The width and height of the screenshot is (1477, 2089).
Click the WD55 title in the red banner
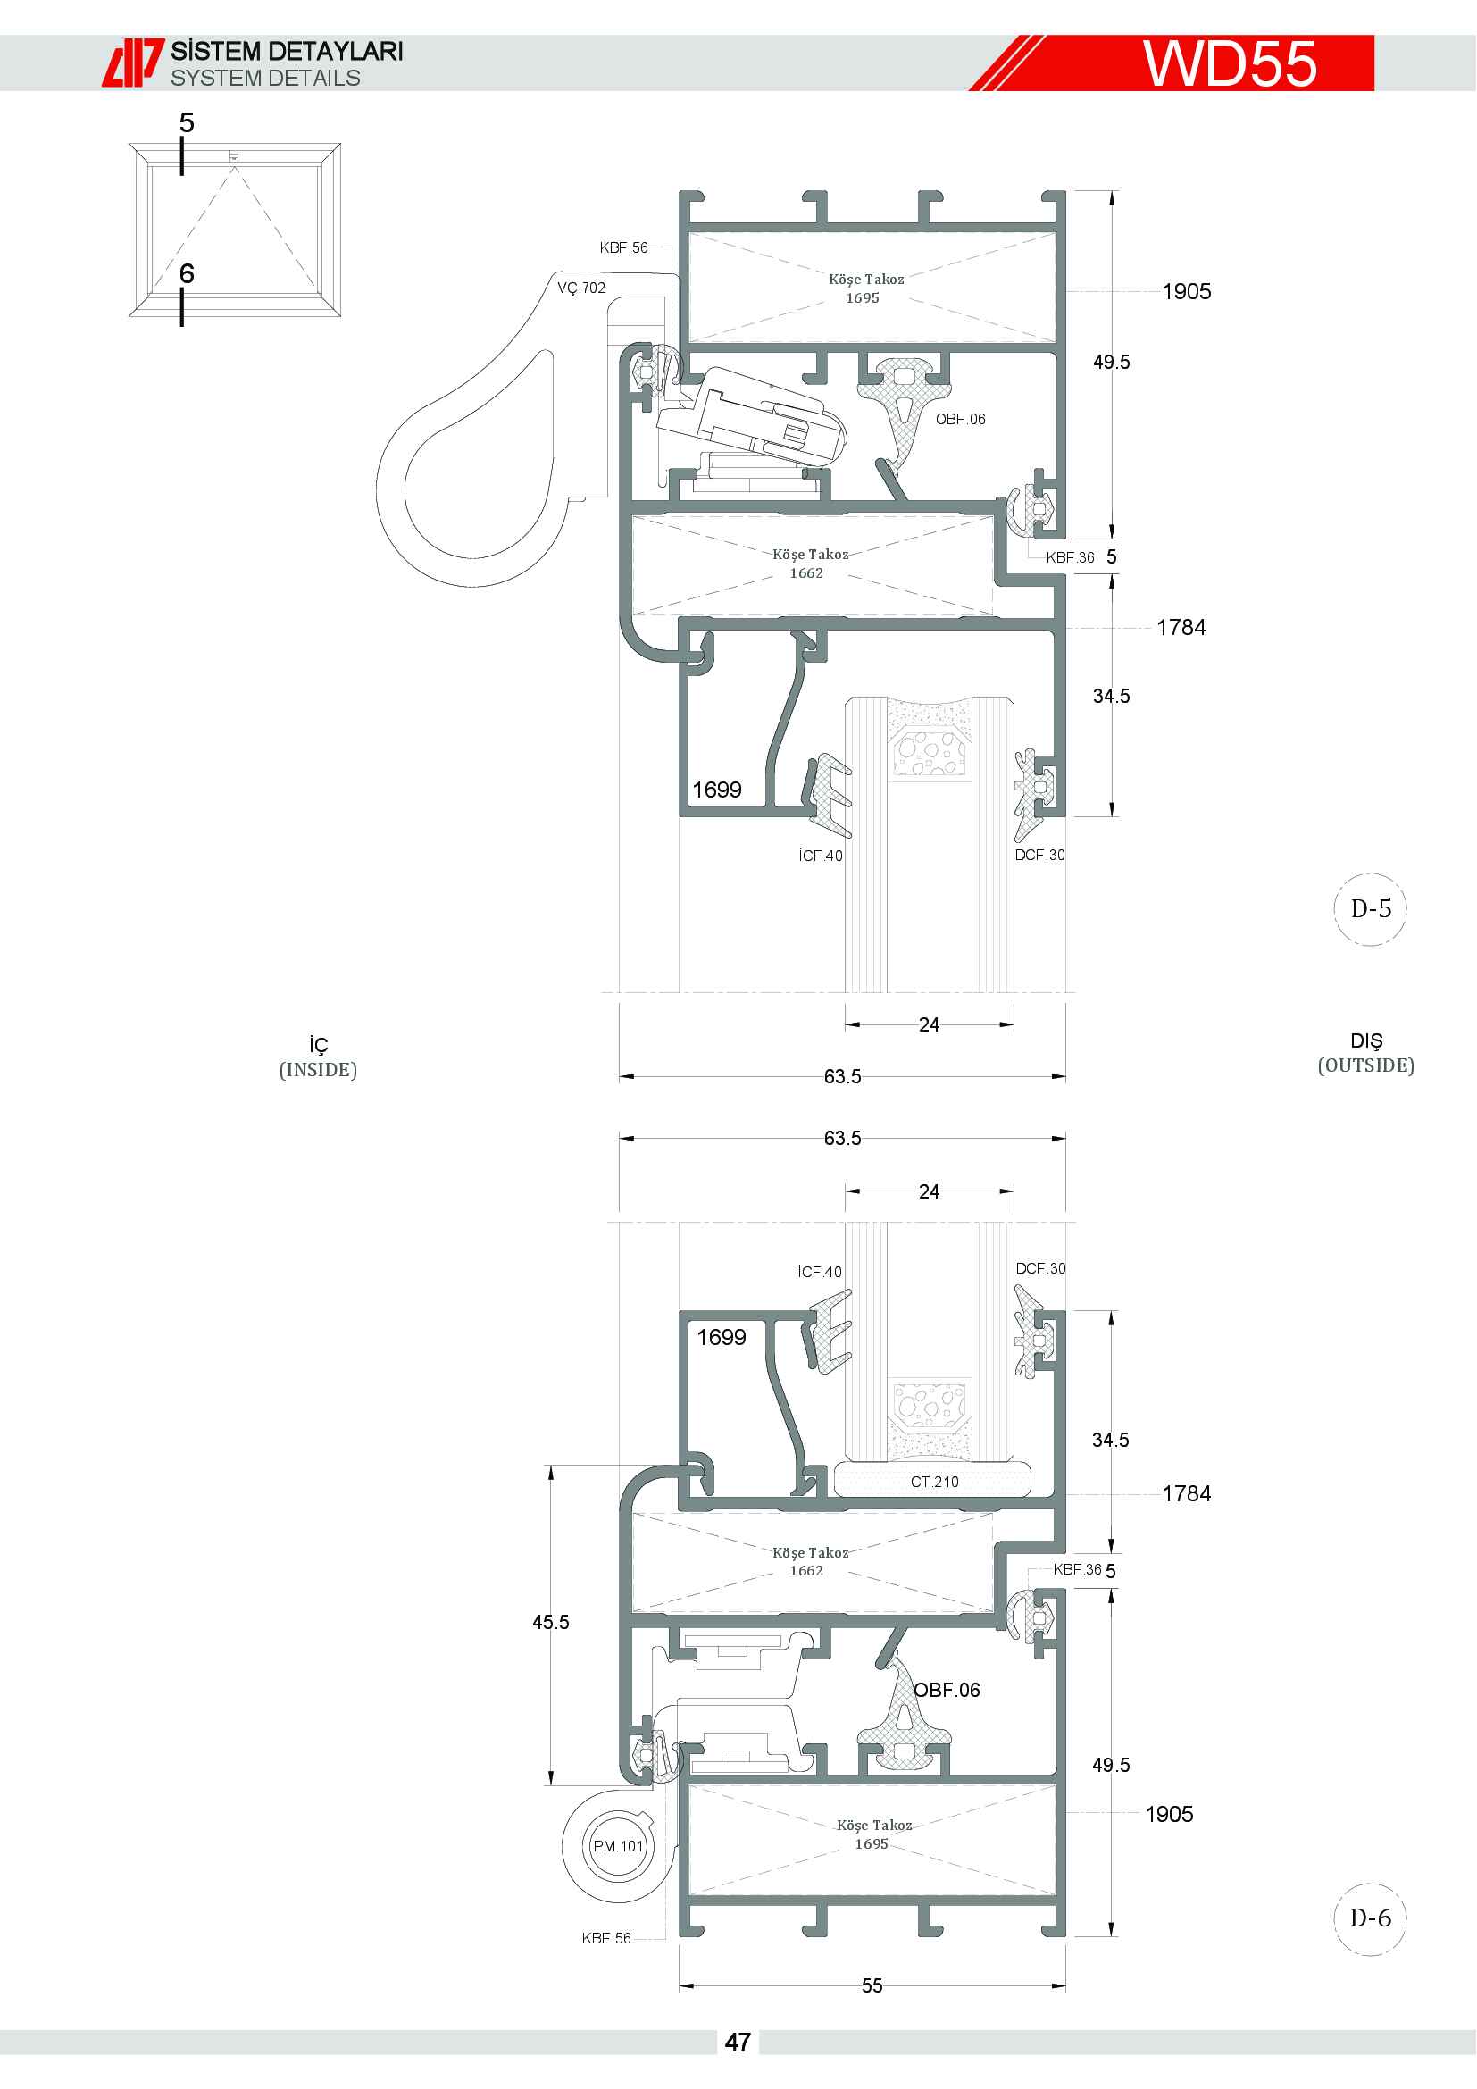coord(1230,63)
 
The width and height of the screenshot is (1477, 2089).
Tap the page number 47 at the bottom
coord(738,2043)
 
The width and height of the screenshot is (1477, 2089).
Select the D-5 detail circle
coord(1371,909)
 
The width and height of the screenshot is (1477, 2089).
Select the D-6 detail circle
coord(1371,1918)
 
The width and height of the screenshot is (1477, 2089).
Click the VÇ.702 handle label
coord(581,288)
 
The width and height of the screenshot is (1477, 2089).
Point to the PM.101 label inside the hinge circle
coord(618,1846)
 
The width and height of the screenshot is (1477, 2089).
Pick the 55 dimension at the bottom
coord(872,1985)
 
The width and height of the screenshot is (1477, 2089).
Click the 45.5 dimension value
coord(551,1622)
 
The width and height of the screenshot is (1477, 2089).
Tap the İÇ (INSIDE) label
coord(318,1057)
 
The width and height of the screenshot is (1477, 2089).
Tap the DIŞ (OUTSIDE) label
coord(1366,1053)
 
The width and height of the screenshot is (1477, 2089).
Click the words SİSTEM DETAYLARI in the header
coord(287,51)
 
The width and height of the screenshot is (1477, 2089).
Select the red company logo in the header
coord(133,63)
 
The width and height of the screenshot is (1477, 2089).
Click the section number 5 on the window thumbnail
coord(187,123)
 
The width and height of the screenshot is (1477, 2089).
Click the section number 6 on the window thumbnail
coord(187,273)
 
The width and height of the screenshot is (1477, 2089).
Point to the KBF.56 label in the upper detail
coord(624,247)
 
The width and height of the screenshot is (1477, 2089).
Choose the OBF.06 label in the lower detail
coord(947,1690)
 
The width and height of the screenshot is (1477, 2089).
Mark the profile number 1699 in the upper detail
coord(717,790)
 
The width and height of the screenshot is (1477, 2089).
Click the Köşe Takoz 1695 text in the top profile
coord(866,288)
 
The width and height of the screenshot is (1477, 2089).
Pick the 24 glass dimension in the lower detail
coord(929,1192)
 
